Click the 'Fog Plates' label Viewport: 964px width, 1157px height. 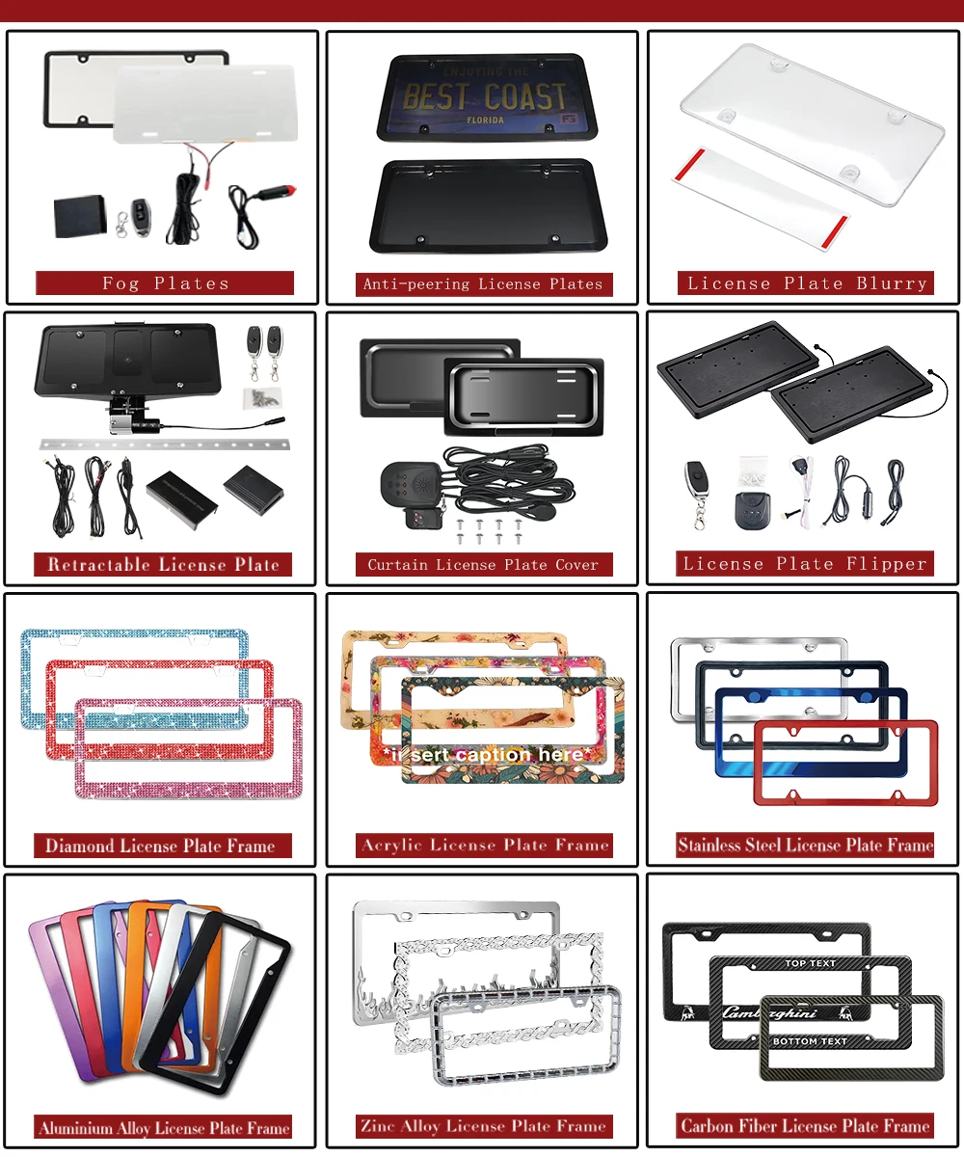[165, 283]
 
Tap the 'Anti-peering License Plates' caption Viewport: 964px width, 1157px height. [482, 283]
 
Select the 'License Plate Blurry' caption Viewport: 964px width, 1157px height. [807, 283]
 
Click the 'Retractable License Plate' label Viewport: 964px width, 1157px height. [163, 564]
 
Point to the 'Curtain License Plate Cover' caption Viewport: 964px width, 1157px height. [483, 564]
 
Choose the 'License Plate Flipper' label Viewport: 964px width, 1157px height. [805, 564]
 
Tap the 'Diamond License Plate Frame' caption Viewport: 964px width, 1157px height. [160, 847]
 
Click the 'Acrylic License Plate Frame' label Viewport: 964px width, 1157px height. [485, 846]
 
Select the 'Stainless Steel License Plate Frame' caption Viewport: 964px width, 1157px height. [805, 846]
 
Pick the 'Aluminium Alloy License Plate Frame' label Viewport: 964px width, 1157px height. [164, 1128]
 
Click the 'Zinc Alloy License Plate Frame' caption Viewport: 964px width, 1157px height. [483, 1126]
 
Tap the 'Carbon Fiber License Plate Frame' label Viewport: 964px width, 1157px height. [805, 1126]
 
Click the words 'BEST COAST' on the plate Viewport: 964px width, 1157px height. [484, 97]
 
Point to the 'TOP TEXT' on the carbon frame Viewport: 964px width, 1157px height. [810, 963]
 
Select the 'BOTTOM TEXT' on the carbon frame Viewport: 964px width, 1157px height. [810, 1041]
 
